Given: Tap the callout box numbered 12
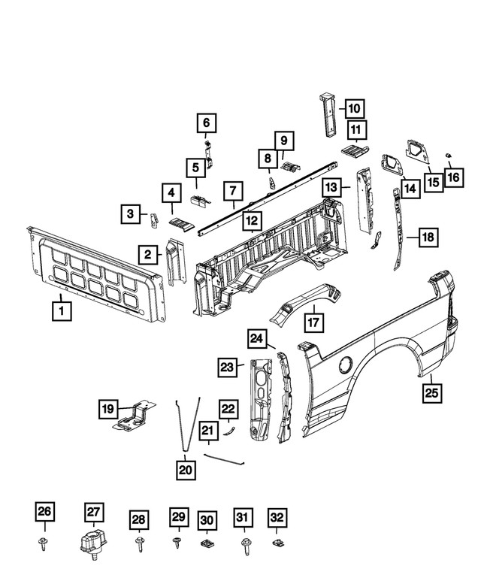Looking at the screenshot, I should click(252, 221).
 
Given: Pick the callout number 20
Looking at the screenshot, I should click(186, 470).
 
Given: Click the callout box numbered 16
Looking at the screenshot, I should click(454, 177).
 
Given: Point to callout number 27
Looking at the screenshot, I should click(92, 513).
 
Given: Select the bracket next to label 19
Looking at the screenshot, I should click(135, 416).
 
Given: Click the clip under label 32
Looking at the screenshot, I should click(277, 541).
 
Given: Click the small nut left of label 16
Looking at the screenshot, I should click(446, 155).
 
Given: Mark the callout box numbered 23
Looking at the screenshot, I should click(228, 367).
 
